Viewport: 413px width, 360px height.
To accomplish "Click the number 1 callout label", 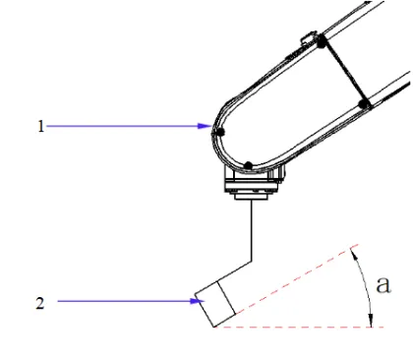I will [x=39, y=127].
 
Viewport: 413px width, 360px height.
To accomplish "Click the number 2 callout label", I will [x=39, y=302].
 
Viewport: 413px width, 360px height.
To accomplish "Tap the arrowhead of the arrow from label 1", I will [x=204, y=127].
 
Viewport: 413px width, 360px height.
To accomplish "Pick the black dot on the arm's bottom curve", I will [x=250, y=164].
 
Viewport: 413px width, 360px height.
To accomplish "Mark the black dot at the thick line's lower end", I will [x=364, y=101].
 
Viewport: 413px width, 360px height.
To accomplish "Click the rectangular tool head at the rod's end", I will [x=215, y=305].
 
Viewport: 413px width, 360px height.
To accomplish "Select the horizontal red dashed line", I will [x=295, y=327].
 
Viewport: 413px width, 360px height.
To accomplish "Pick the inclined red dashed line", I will [x=285, y=291].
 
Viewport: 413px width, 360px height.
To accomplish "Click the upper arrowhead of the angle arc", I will [x=354, y=249].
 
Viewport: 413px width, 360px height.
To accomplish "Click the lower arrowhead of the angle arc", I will [x=370, y=320].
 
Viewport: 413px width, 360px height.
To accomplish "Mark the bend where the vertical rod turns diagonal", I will [x=254, y=261].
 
